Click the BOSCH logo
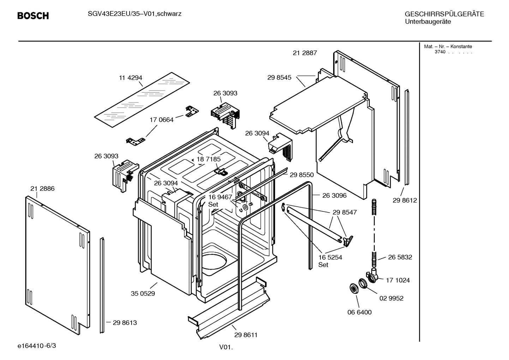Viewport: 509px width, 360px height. tap(33, 16)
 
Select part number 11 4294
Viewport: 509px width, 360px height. tap(130, 78)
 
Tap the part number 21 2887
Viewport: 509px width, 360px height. tap(305, 53)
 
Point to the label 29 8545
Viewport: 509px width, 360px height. tap(279, 77)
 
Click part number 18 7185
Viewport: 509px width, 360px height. tap(209, 159)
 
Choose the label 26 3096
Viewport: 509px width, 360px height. tap(334, 195)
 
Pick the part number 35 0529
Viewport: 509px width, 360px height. tap(143, 293)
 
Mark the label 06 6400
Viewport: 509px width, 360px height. tap(359, 312)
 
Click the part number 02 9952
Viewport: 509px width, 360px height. tap(391, 298)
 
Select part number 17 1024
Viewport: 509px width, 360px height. tap(397, 280)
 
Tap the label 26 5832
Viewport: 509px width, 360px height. tap(400, 257)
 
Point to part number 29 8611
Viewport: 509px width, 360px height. tap(246, 335)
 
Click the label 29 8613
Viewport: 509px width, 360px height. tap(125, 323)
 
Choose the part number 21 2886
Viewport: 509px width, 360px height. tap(42, 189)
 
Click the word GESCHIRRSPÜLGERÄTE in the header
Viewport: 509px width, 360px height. tap(444, 14)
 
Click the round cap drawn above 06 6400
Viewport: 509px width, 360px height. tap(352, 288)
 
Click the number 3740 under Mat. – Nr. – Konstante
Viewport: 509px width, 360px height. tap(440, 52)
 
